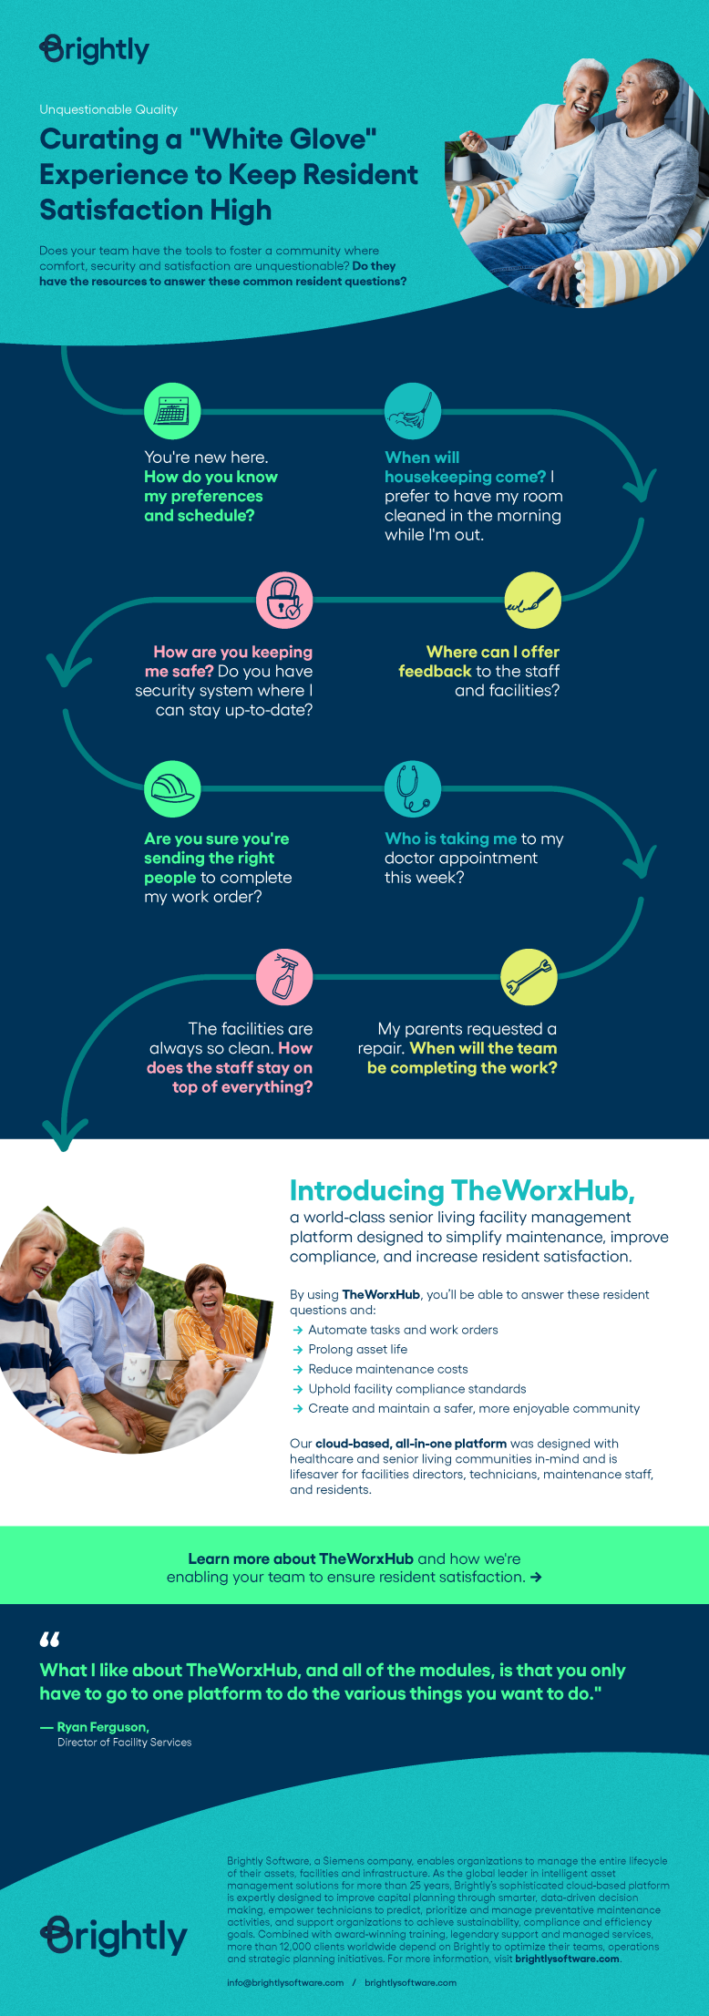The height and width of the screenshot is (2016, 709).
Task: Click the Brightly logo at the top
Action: (x=95, y=49)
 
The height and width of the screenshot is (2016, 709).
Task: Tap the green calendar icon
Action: (x=172, y=411)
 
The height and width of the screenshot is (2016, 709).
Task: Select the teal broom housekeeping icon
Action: (x=413, y=411)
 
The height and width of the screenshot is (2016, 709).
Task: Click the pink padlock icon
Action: (x=284, y=600)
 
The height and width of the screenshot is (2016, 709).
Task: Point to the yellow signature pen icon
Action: (x=532, y=600)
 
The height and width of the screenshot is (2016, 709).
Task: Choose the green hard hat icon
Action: (x=172, y=788)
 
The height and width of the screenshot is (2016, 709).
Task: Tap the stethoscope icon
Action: (x=413, y=788)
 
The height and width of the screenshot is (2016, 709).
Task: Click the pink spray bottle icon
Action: (x=284, y=977)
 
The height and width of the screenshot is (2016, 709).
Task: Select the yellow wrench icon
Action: (x=529, y=977)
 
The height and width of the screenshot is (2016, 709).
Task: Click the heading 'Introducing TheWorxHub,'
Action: (x=462, y=1190)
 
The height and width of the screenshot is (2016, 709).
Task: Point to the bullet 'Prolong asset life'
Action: (x=357, y=1349)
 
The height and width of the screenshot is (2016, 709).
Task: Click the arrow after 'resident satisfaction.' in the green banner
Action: (x=536, y=1578)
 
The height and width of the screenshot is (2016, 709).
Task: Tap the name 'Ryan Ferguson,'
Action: (x=103, y=1727)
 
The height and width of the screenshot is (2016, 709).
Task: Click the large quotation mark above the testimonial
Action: (x=49, y=1640)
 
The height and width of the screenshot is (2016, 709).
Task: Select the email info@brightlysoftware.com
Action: (x=285, y=1982)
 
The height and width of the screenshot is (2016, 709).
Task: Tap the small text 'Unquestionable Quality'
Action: (x=108, y=109)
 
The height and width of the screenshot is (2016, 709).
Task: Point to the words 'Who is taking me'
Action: (x=450, y=838)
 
